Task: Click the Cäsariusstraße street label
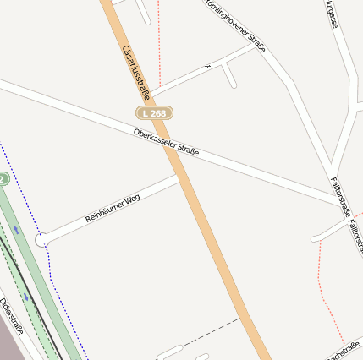(135, 71)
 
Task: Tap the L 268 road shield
(155, 112)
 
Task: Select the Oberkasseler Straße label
(166, 142)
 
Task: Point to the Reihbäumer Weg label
(113, 208)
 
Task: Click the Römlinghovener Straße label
(234, 24)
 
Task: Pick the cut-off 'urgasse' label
(333, 15)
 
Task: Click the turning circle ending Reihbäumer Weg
(41, 241)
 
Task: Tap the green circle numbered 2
(3, 179)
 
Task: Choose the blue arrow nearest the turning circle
(16, 229)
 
